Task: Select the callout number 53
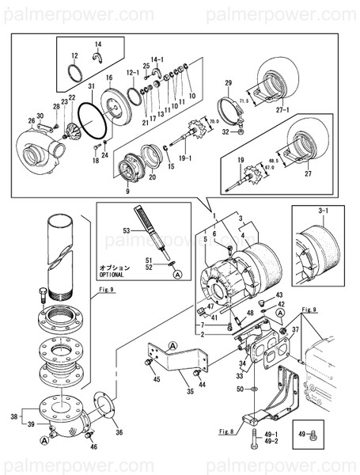point(126,230)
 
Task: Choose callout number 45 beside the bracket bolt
point(157,379)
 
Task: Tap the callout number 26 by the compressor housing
point(32,121)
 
